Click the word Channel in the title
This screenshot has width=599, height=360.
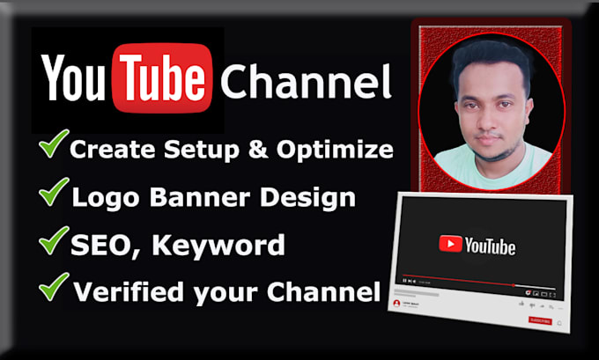306,84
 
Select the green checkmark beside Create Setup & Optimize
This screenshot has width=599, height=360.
53,145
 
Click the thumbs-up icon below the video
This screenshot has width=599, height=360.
521,303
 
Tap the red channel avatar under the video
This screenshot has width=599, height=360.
396,304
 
